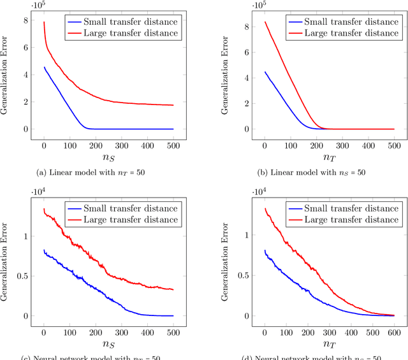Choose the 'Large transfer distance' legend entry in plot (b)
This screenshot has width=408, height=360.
pos(342,32)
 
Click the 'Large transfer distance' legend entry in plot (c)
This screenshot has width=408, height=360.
pos(122,219)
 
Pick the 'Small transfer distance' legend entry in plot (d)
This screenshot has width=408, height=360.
pos(342,209)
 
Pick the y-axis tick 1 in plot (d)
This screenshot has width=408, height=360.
pos(242,236)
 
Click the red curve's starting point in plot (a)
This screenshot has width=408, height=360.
pos(43,22)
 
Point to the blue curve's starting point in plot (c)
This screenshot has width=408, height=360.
pos(43,250)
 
